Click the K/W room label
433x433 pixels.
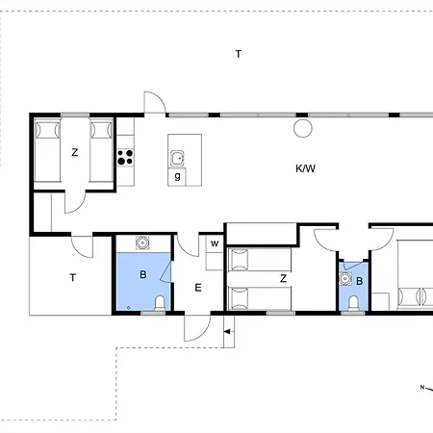coord(305,168)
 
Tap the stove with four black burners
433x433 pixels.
coord(125,157)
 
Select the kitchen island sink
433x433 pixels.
coord(177,158)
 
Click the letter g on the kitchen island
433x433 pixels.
coord(177,176)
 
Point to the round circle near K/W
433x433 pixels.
coord(303,128)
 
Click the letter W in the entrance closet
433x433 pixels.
coord(215,243)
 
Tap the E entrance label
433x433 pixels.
coord(198,288)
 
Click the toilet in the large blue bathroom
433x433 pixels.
coord(160,303)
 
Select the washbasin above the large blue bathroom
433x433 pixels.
coord(142,242)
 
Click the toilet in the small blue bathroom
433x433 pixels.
coord(353,303)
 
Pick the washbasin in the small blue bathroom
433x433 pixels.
coord(345,279)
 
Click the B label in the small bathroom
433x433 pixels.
coord(360,281)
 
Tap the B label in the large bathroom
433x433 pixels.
coord(143,274)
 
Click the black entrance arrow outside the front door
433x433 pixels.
coord(227,332)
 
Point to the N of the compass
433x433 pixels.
coord(422,387)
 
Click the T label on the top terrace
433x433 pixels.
coord(239,54)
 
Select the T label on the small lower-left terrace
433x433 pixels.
coord(73,278)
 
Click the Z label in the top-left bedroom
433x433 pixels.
coord(75,152)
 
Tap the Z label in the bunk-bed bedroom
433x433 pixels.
coord(283,278)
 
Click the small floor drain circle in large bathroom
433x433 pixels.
coord(128,308)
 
